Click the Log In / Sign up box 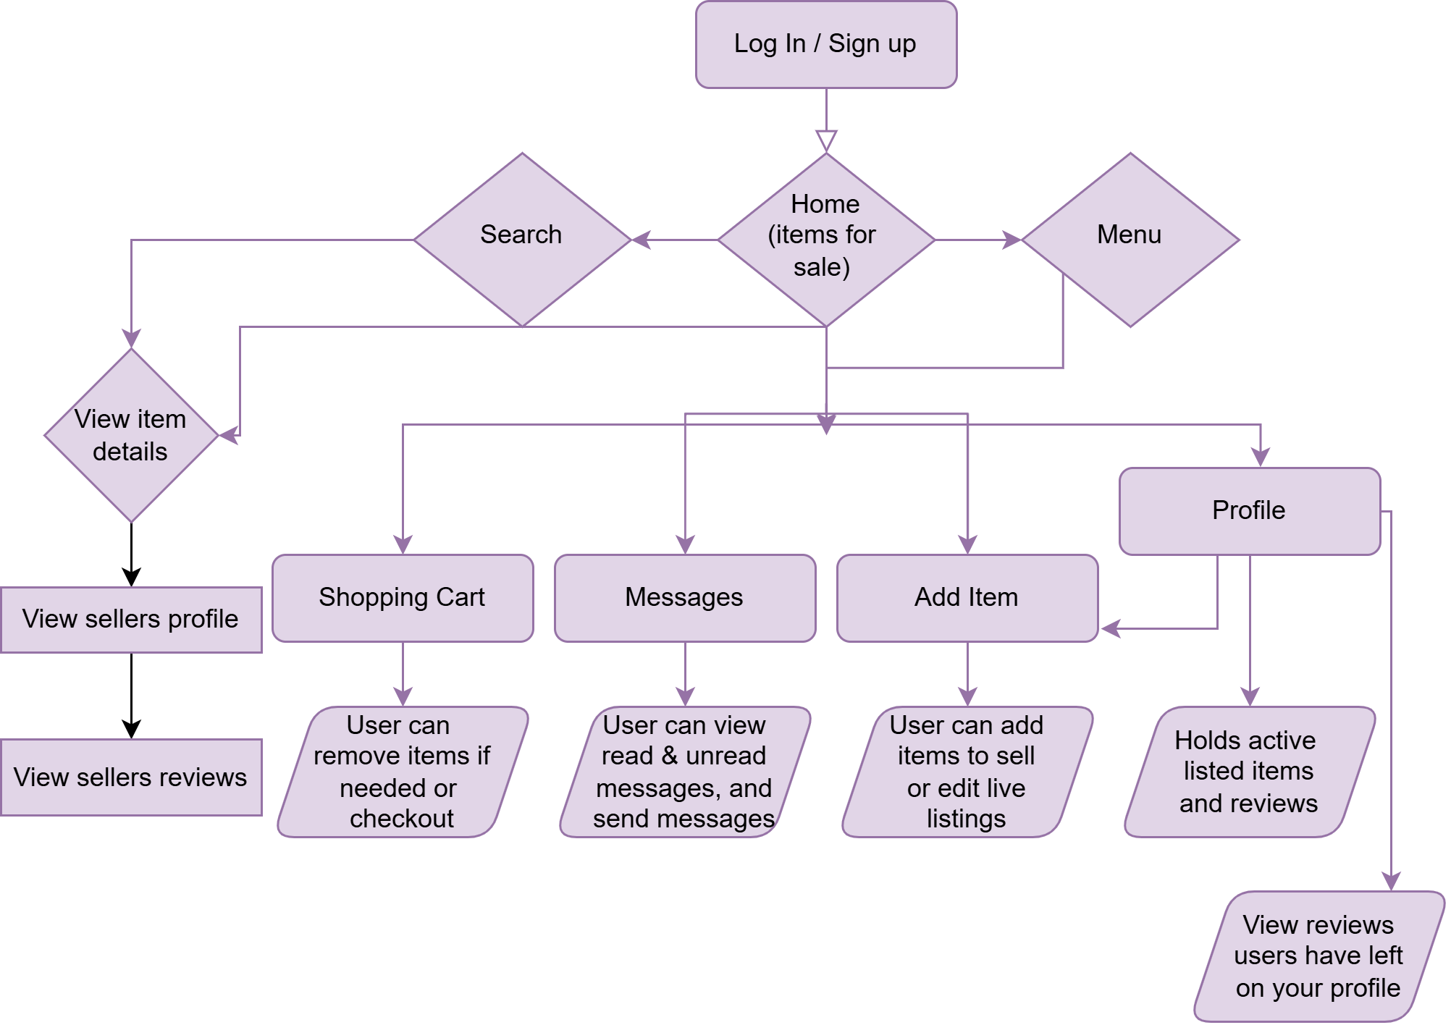pos(825,45)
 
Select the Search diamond pos(521,239)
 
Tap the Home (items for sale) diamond pos(825,239)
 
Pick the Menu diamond pos(1130,239)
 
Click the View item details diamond pos(130,435)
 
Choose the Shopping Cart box pos(403,598)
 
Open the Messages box pos(684,598)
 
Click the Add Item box pos(967,598)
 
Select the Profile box pos(1249,511)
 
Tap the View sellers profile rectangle pos(130,620)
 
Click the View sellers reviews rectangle pos(130,777)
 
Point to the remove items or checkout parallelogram pos(403,772)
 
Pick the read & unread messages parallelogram pos(684,772)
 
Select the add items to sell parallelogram pos(967,772)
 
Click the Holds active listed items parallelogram pos(1249,772)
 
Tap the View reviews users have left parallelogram pos(1318,956)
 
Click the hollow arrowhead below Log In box pos(826,140)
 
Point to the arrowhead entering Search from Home pos(642,240)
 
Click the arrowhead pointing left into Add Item pos(1111,628)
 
